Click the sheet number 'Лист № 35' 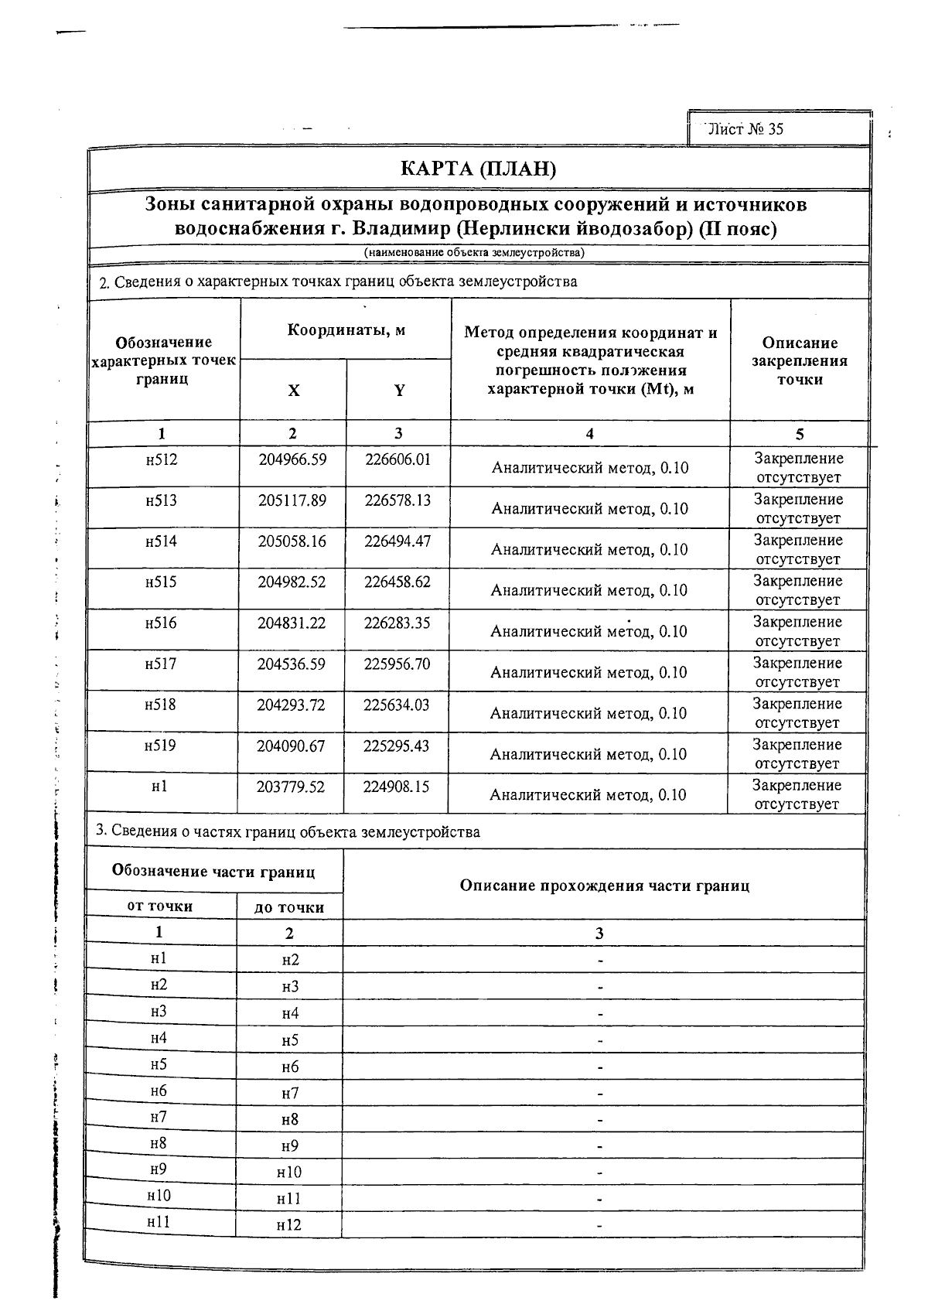pos(745,129)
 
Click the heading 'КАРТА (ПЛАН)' pos(478,169)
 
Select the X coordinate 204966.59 pos(292,459)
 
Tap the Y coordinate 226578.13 pos(397,500)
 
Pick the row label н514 pos(161,541)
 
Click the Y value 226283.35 pos(397,623)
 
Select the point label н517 pos(160,664)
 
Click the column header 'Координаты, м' pos(346,330)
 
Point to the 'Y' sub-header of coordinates pos(399,391)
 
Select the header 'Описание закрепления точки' pos(799,361)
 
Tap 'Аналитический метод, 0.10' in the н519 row pos(588,754)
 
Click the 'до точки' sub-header pos(289,907)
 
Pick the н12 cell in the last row pos(288,1225)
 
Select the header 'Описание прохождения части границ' pos(604,886)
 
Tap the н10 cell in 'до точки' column pos(288,1173)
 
